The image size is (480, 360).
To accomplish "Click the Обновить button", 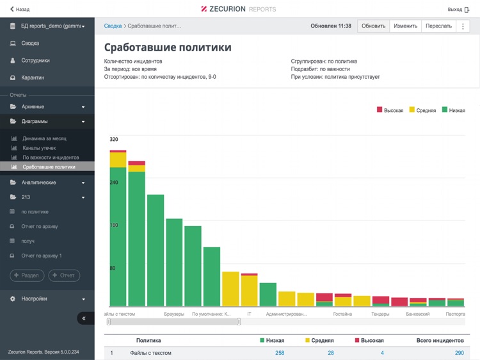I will click(x=373, y=26).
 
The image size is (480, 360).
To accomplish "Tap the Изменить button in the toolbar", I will click(x=405, y=26).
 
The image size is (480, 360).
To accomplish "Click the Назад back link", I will click(x=20, y=9).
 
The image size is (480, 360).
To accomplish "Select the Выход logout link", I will click(x=458, y=9).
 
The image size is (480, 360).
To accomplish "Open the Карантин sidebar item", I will click(x=33, y=78).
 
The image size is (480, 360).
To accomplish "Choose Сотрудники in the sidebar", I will click(x=35, y=60).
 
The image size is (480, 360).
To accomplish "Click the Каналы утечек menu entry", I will click(x=40, y=148).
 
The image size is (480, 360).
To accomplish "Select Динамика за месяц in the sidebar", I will click(x=44, y=138).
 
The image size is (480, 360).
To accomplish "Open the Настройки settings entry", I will click(x=34, y=299).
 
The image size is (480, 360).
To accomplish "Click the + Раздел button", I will click(x=27, y=275).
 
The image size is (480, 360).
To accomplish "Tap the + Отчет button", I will click(x=64, y=275).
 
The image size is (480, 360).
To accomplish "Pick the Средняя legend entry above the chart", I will click(x=422, y=110).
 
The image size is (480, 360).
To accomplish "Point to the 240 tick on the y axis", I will click(x=114, y=183).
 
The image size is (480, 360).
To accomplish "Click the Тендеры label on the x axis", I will click(x=381, y=315).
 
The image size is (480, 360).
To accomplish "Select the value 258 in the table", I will click(x=280, y=353).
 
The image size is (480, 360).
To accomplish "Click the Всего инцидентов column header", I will click(x=440, y=341).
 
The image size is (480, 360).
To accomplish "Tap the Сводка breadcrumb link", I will click(x=113, y=26).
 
